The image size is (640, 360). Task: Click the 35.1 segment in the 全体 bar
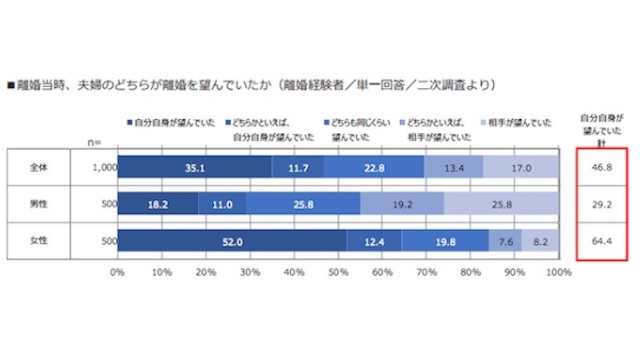[195, 169]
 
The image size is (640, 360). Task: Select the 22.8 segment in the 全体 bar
[374, 169]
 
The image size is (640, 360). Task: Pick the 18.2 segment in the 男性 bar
[158, 204]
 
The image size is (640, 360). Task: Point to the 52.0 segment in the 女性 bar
[232, 240]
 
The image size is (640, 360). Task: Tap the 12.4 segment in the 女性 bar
[374, 240]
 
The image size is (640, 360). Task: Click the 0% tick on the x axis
[118, 270]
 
